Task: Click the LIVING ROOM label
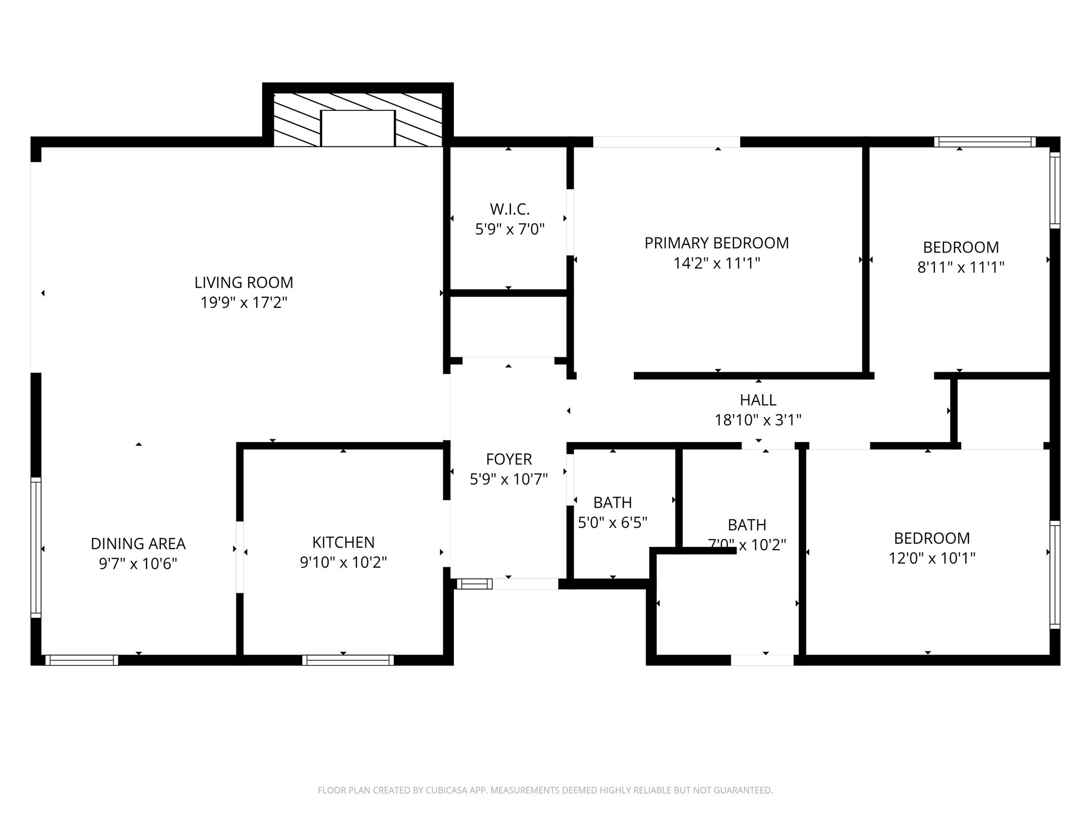(x=243, y=282)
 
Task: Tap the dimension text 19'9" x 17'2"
(x=243, y=303)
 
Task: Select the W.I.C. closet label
(x=510, y=209)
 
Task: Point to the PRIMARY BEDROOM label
(x=717, y=243)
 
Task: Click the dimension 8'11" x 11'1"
(x=960, y=267)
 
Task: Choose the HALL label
(x=758, y=400)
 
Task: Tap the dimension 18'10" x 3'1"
(x=758, y=421)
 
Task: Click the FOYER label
(x=509, y=459)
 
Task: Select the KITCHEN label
(x=343, y=542)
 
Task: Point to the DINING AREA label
(x=138, y=544)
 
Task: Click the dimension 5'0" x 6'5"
(x=613, y=523)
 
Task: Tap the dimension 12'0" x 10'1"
(x=932, y=558)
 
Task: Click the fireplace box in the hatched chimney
(x=357, y=128)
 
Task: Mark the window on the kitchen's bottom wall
(x=348, y=660)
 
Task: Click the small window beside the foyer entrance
(x=475, y=584)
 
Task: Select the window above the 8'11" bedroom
(x=984, y=142)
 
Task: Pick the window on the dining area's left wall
(x=36, y=547)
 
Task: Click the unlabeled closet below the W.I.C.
(x=508, y=326)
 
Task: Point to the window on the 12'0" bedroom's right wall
(x=1055, y=574)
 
